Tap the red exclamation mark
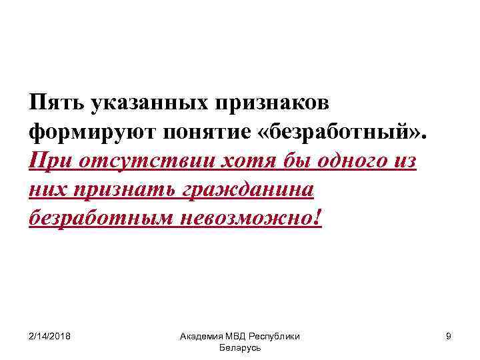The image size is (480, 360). click(x=316, y=218)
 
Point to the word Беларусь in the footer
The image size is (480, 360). click(x=239, y=348)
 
